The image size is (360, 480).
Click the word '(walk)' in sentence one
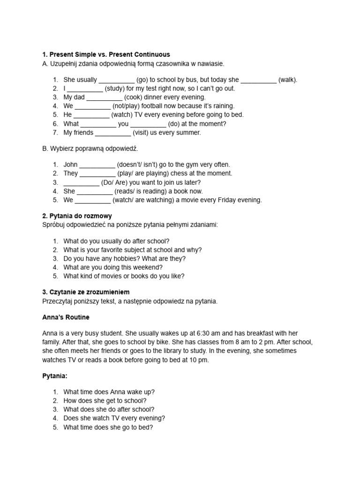pyautogui.click(x=287, y=80)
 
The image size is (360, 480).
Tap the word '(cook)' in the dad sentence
pyautogui.click(x=134, y=97)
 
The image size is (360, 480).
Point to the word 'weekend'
pyautogui.click(x=148, y=267)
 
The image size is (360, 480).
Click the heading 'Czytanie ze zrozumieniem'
pyautogui.click(x=86, y=292)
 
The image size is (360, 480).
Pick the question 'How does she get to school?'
pyautogui.click(x=105, y=401)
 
